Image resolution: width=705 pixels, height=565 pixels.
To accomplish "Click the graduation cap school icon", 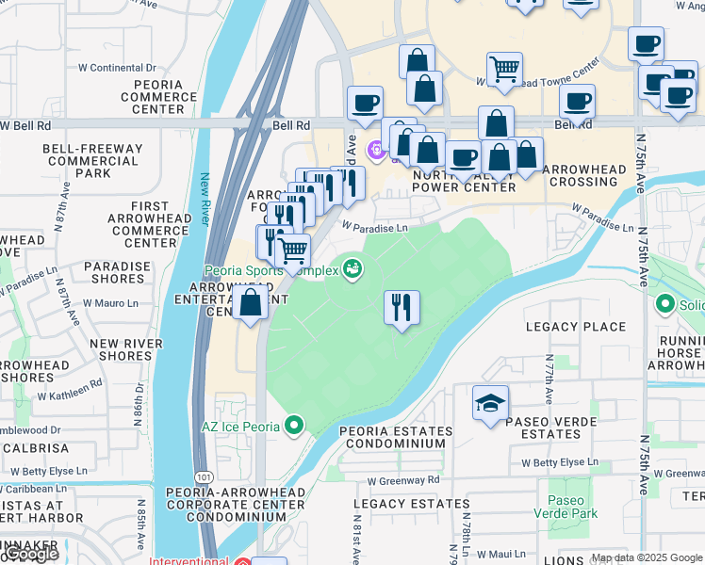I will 490,403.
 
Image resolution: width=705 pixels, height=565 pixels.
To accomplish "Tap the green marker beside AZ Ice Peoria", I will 295,427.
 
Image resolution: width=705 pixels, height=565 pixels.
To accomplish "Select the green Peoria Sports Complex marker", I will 353,269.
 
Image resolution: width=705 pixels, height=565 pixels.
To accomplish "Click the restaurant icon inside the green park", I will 402,306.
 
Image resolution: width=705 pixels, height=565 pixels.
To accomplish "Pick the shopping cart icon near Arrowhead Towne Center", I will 505,68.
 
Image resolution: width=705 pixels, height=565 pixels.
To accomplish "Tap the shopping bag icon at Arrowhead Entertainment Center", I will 251,303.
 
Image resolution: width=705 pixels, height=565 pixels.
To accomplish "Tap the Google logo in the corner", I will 30,554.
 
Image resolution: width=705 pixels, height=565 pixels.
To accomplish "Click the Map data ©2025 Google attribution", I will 647,557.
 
